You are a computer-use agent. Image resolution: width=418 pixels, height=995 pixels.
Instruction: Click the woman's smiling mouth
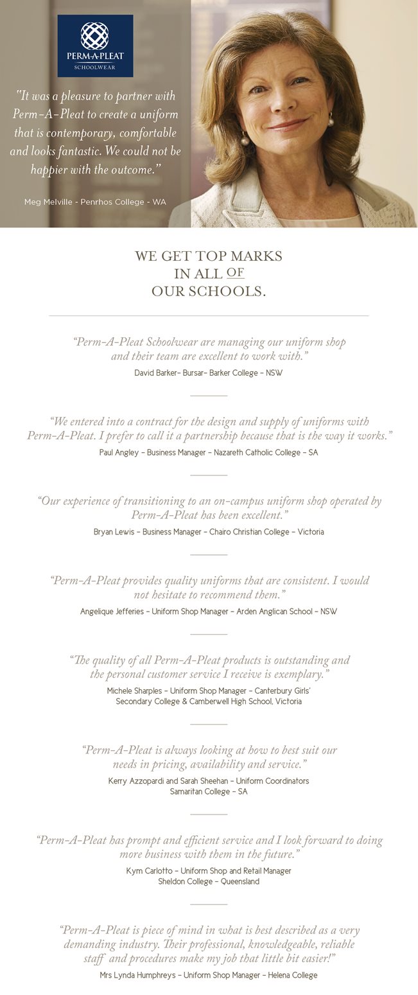coord(286,125)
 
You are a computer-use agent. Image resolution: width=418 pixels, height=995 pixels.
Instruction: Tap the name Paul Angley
coord(120,452)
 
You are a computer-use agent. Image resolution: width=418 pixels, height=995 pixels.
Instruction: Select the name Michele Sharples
coord(134,691)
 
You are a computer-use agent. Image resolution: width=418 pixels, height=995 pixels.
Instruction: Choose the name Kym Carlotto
coord(150,871)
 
